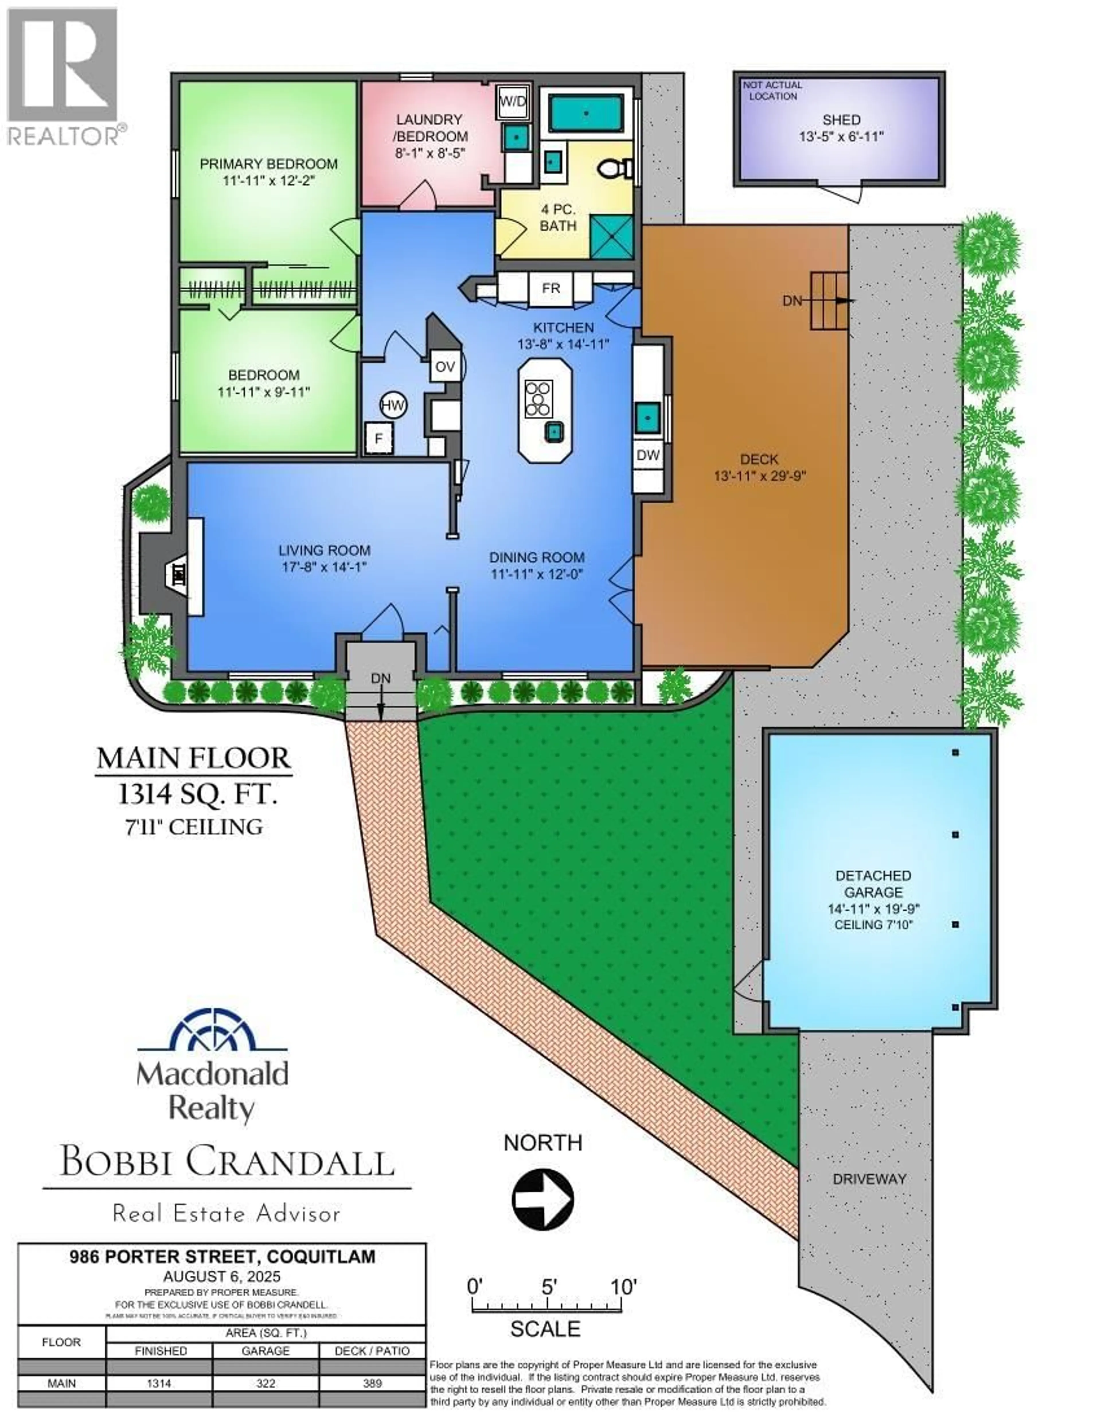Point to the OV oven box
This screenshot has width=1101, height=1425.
(445, 367)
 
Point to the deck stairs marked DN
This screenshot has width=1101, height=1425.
(828, 301)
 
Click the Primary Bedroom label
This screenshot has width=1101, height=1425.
(268, 164)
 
